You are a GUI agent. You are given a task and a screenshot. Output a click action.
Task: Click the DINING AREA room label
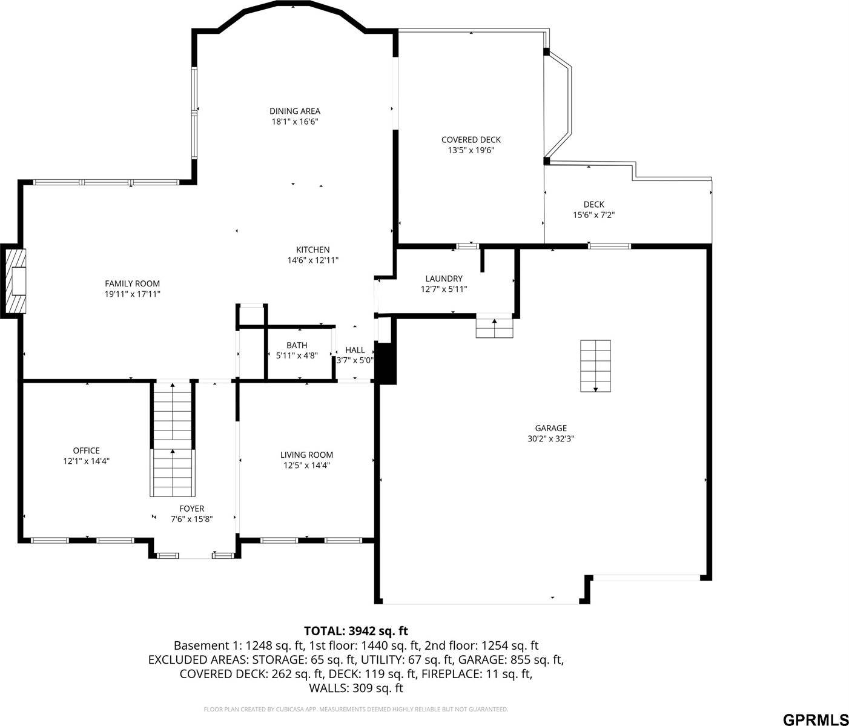pos(295,111)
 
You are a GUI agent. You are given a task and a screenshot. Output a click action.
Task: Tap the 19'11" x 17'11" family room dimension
pos(132,294)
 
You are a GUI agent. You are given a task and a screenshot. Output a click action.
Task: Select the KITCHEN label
pos(312,249)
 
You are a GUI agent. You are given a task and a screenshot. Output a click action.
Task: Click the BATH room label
pos(297,345)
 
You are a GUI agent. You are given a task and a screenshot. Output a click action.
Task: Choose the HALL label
pos(355,350)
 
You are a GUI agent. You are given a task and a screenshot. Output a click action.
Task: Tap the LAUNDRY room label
pos(444,279)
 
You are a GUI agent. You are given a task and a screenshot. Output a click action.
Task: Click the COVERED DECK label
pos(471,140)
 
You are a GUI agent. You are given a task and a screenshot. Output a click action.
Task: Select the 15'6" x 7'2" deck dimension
pos(594,215)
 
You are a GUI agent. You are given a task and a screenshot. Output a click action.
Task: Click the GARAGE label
pos(550,428)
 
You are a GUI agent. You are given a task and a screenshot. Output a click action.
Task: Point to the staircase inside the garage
pos(595,366)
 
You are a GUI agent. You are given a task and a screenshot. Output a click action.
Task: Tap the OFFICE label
pos(87,450)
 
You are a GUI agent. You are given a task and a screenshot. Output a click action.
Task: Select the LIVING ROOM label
pos(306,455)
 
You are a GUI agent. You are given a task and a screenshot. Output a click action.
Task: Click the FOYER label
pos(191,509)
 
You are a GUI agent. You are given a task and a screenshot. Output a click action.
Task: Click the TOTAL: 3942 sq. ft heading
pos(355,631)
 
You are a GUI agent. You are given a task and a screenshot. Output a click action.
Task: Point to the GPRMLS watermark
pos(814,719)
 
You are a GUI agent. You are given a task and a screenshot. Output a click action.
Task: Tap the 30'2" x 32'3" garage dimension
pos(550,439)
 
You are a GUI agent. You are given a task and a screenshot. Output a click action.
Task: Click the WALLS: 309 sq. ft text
pos(355,688)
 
